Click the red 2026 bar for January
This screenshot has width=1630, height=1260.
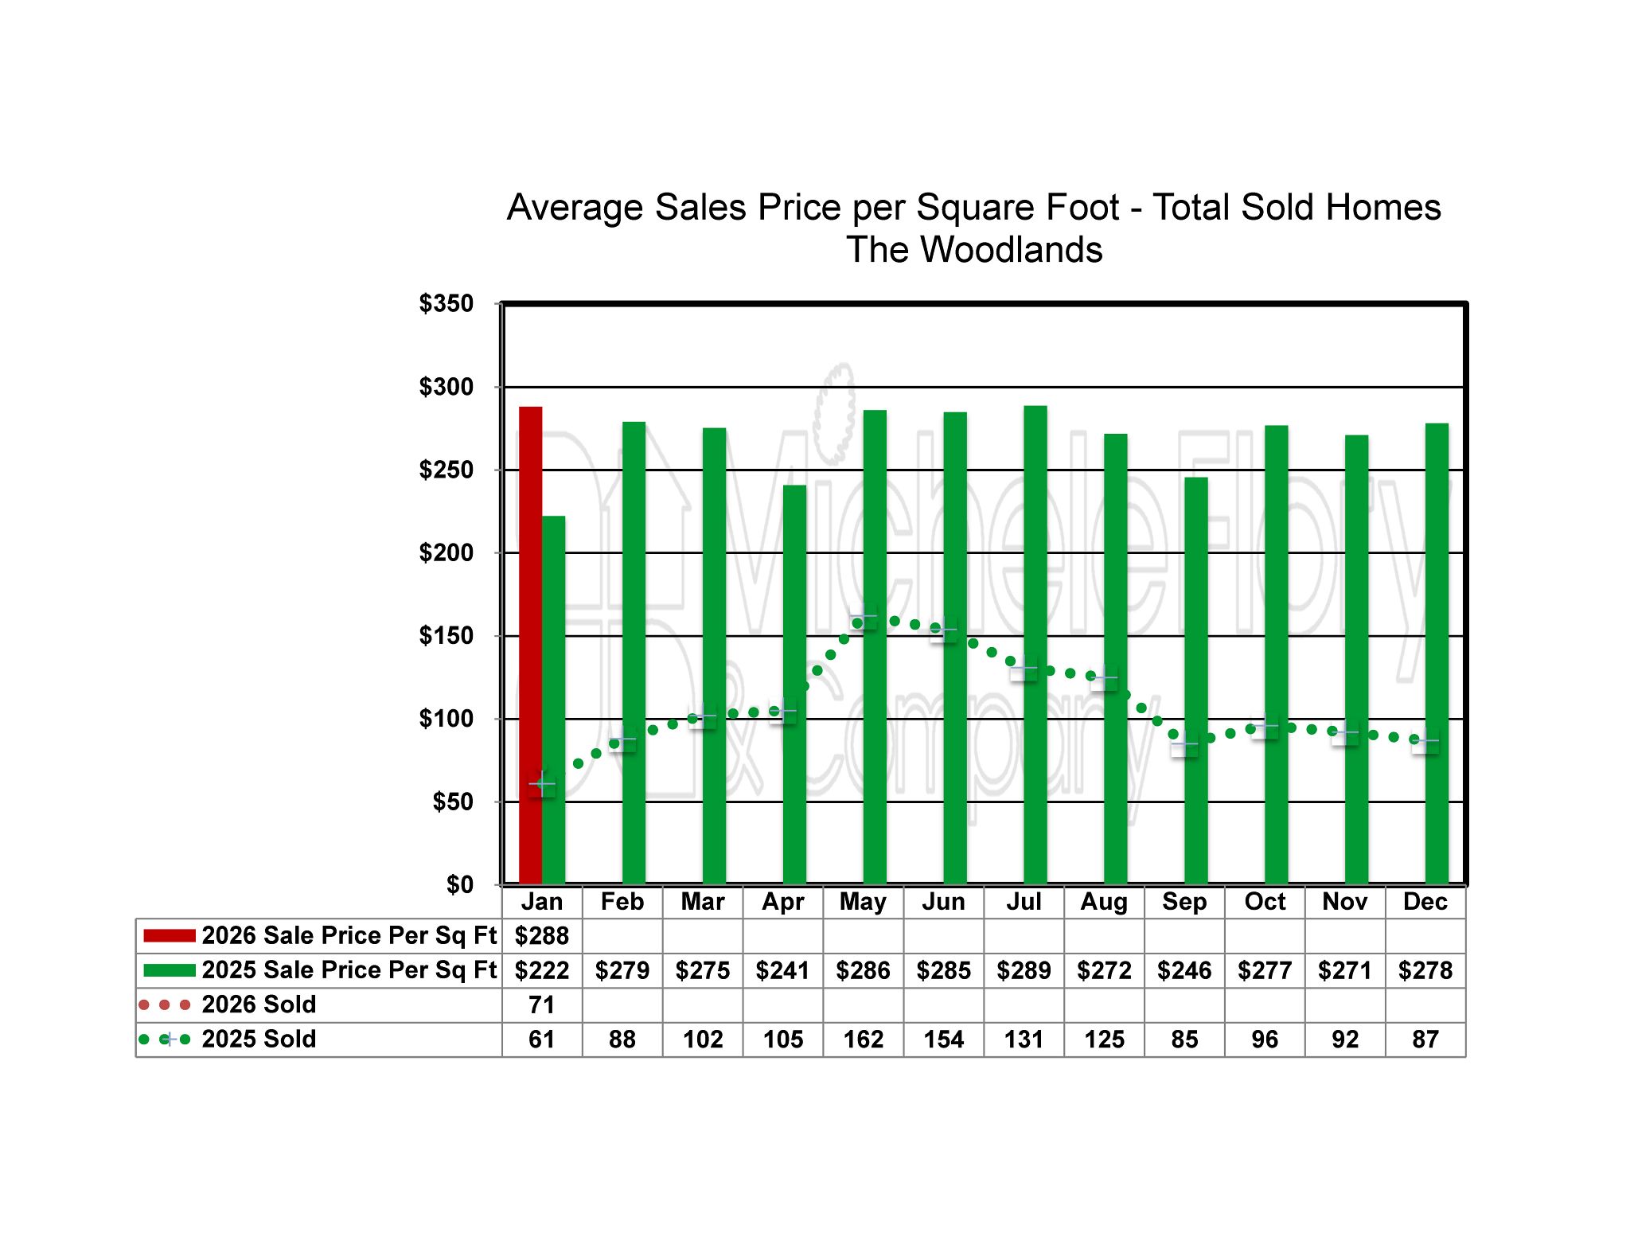click(x=530, y=645)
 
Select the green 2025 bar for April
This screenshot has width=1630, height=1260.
click(x=794, y=685)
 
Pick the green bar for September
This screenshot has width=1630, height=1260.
click(x=1195, y=681)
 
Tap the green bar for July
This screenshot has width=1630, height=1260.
click(x=1035, y=645)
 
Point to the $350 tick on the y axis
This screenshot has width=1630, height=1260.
click(x=446, y=304)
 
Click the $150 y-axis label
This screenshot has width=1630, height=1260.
click(x=446, y=636)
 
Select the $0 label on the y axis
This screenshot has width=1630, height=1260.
click(x=459, y=884)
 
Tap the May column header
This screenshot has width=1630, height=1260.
click(x=863, y=902)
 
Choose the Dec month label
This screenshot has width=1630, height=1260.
click(x=1425, y=902)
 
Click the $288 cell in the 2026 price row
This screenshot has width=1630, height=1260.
click(x=542, y=936)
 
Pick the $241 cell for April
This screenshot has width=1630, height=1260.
click(x=783, y=971)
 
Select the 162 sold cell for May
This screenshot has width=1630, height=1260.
click(x=863, y=1040)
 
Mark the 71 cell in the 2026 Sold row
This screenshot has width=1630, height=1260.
click(x=542, y=1005)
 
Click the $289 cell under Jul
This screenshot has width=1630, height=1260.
click(x=1024, y=971)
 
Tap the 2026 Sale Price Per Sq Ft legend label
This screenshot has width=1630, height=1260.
click(x=349, y=936)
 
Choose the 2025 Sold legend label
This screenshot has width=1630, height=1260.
click(x=259, y=1040)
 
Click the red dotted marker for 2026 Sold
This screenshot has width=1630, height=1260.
click(x=165, y=1005)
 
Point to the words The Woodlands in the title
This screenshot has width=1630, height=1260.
click(x=973, y=250)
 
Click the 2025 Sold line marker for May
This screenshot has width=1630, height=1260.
click(x=863, y=616)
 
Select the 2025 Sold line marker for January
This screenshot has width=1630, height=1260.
click(x=542, y=784)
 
